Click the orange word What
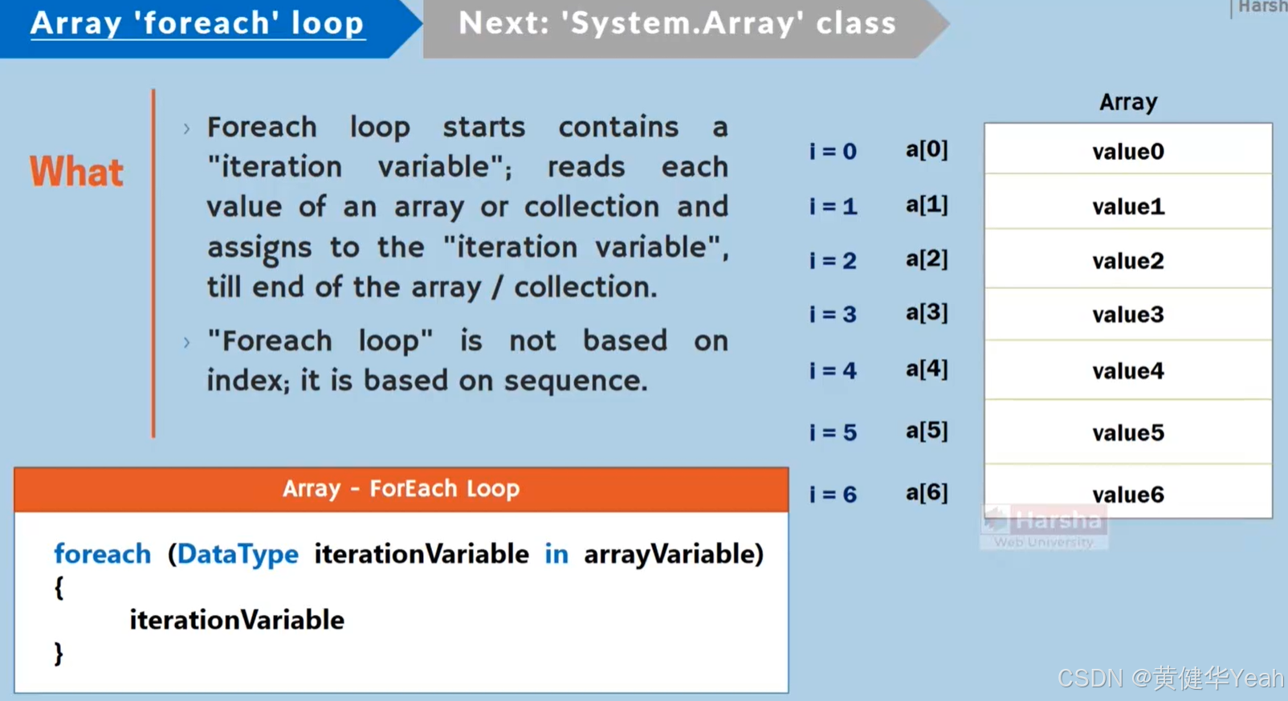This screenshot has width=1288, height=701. click(x=76, y=172)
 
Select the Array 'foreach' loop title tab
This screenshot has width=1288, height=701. click(x=198, y=23)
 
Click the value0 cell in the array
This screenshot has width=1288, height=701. click(x=1127, y=151)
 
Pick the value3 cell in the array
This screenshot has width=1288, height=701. click(x=1127, y=315)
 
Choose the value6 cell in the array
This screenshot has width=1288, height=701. click(x=1127, y=495)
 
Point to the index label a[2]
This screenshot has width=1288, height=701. click(x=927, y=259)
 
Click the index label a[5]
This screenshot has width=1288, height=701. click(x=927, y=431)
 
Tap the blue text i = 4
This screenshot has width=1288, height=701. click(x=833, y=371)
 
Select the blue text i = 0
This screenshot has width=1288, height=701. click(x=833, y=151)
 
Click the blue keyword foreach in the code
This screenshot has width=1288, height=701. click(x=102, y=554)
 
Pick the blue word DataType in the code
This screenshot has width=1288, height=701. click(x=238, y=554)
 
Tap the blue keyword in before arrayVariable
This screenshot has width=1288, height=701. click(x=556, y=554)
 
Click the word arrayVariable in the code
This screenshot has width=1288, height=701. click(x=670, y=554)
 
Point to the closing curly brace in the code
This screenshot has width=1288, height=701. click(x=59, y=654)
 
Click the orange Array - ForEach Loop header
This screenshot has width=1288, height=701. click(x=401, y=489)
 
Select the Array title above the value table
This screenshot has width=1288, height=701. click(x=1128, y=102)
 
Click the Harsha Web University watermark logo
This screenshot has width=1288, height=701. click(x=1043, y=527)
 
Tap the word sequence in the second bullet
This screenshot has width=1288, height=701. click(x=575, y=381)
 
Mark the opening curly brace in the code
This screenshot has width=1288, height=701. click(x=59, y=589)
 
